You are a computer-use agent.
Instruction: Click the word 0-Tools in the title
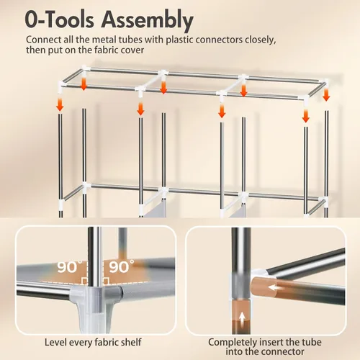[59, 19]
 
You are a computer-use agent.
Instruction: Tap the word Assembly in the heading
[148, 20]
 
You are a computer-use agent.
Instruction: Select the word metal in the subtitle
[102, 40]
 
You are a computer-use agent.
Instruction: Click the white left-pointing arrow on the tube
[275, 287]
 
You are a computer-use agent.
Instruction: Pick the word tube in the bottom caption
[311, 342]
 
